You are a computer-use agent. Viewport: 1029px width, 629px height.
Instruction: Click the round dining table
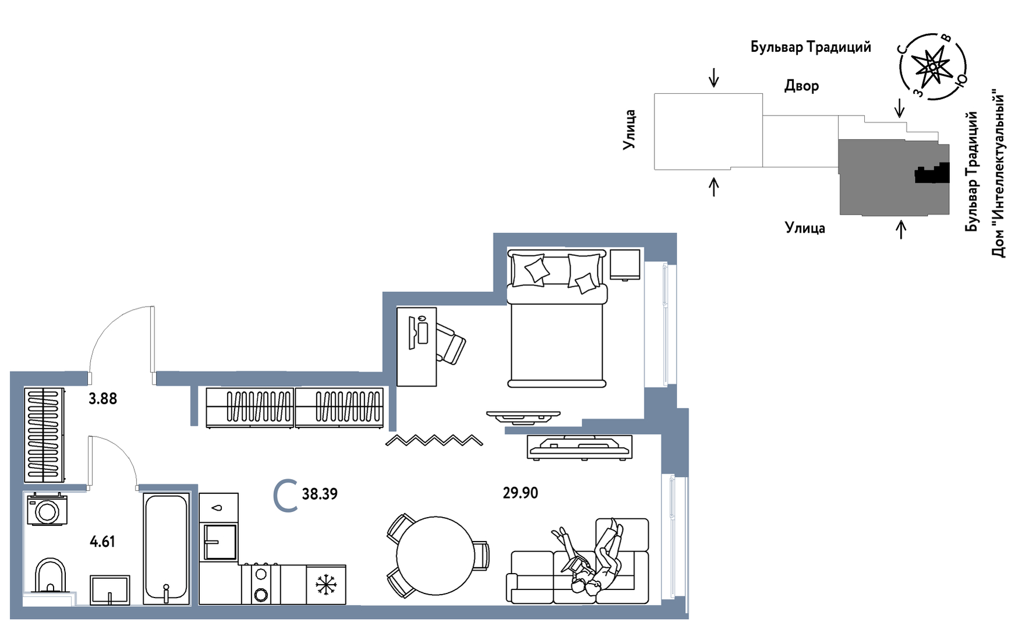(436, 556)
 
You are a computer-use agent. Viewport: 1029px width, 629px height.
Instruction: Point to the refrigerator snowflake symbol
(326, 585)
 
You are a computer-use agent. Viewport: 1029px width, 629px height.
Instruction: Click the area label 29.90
(521, 493)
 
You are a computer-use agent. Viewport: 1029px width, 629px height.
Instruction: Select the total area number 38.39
(320, 494)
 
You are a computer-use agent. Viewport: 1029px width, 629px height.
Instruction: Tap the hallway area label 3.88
(102, 399)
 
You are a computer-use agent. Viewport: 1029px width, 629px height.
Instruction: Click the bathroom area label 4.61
(102, 542)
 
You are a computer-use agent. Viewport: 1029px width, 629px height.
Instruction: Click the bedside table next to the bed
(625, 265)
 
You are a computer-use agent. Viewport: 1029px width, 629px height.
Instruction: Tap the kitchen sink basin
(220, 542)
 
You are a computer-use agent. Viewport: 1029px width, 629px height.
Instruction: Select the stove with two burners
(261, 584)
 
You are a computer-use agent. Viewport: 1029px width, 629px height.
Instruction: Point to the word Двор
(801, 86)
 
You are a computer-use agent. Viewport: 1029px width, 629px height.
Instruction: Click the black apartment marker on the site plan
(932, 173)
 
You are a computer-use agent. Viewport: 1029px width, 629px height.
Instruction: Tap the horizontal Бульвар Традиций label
(811, 47)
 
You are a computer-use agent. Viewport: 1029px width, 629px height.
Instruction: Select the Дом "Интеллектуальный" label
(999, 173)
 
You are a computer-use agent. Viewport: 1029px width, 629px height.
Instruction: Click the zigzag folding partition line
(434, 440)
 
